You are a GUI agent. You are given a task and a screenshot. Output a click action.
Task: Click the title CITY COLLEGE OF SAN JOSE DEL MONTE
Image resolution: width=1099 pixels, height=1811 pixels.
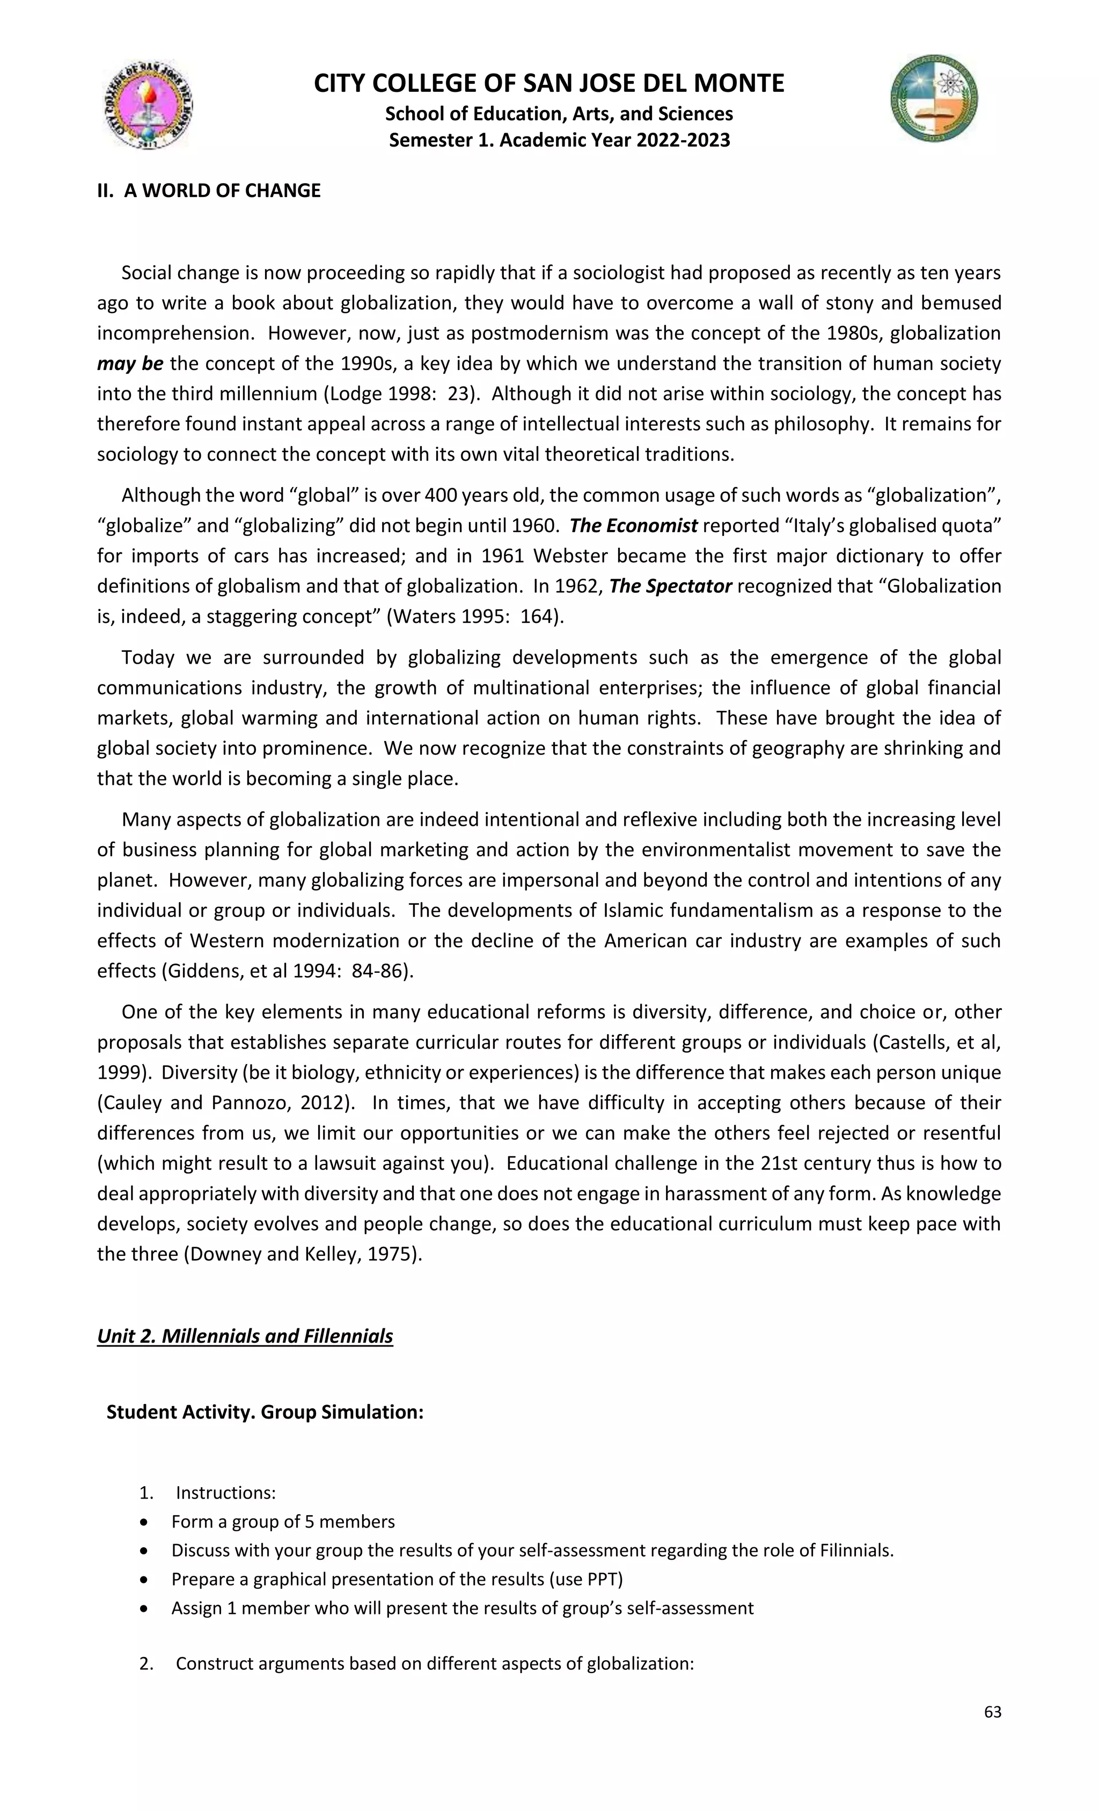pos(549,83)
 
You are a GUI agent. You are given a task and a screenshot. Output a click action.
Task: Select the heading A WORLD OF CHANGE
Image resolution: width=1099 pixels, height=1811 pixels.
pos(209,191)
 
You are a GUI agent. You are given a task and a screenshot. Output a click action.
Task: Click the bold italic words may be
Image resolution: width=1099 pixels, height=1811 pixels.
pos(130,364)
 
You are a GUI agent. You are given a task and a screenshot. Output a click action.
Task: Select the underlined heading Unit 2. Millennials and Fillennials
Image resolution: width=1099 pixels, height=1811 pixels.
pos(245,1335)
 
